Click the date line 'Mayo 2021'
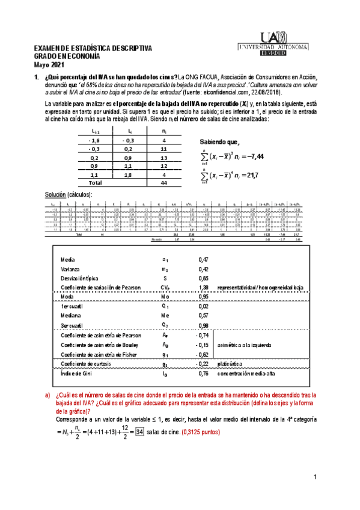48,64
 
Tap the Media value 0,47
203,259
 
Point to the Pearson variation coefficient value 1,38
203,289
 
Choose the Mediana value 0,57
203,318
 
